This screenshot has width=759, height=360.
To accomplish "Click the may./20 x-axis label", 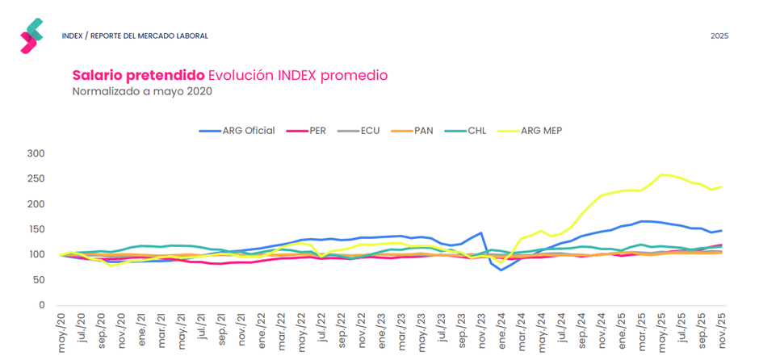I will tap(62, 331).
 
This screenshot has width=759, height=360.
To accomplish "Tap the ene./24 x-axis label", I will tap(501, 331).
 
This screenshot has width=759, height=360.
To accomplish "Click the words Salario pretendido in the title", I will tap(137, 75).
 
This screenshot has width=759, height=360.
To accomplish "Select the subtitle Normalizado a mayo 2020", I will tap(142, 91).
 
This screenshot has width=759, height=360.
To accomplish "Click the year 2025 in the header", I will tap(719, 36).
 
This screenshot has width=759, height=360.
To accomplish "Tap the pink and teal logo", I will tap(31, 36).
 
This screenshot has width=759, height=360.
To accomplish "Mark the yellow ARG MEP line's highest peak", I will tap(664, 174).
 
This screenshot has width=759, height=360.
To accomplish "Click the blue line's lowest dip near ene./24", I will tap(501, 270).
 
